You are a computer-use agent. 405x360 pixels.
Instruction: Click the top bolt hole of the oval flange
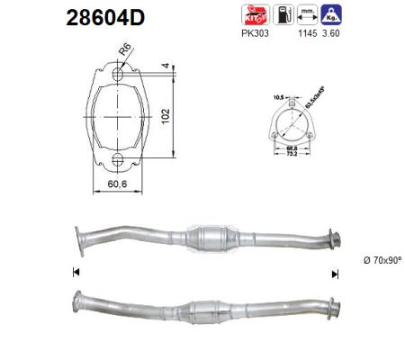click(x=118, y=77)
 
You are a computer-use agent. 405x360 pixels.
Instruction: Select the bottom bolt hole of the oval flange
click(x=118, y=161)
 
